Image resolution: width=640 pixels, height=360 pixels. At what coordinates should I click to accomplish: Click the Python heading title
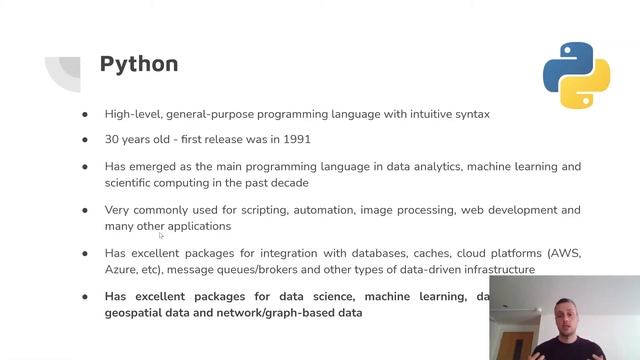click(x=139, y=64)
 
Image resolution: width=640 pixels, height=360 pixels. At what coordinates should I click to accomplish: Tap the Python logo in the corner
click(x=576, y=75)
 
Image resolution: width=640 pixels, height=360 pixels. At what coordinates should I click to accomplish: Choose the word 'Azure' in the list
click(x=122, y=270)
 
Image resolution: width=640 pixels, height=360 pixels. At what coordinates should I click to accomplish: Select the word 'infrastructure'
click(x=490, y=270)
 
